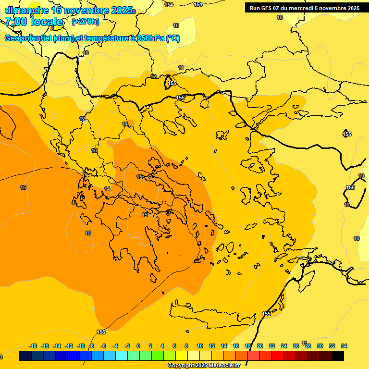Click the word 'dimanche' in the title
pyautogui.click(x=26, y=10)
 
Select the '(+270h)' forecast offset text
pyautogui.click(x=86, y=22)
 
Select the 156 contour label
pyautogui.click(x=101, y=332)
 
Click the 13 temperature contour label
pyautogui.click(x=94, y=150)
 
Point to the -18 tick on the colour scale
pyautogui.click(x=33, y=346)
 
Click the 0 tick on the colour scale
pyautogui.click(x=138, y=346)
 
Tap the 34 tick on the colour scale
pyautogui.click(x=344, y=346)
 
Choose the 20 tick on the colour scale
pyautogui.click(x=260, y=346)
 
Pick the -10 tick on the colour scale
pyautogui.click(x=81, y=346)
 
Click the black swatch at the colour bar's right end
pyautogui.click(x=338, y=356)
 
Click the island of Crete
pyautogui.click(x=211, y=312)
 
